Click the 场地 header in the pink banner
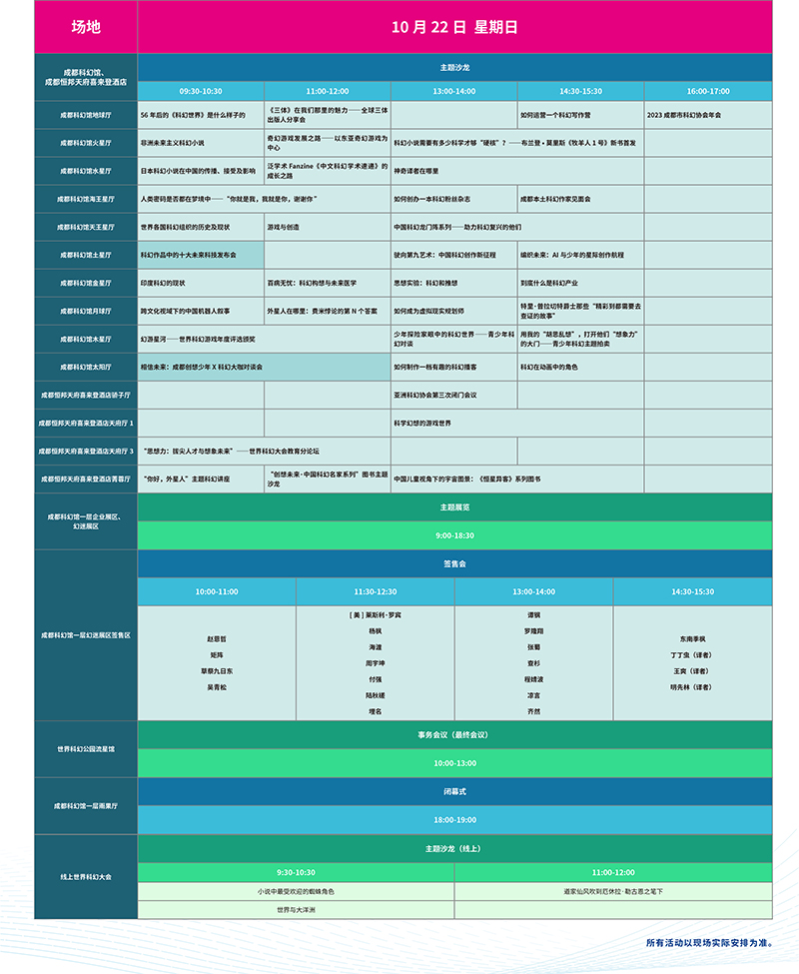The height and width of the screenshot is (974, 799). tap(86, 28)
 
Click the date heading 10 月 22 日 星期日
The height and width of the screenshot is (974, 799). tap(454, 28)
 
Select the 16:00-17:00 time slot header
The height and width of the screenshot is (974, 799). tap(708, 90)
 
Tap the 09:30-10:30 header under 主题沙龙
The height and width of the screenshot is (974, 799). tap(201, 90)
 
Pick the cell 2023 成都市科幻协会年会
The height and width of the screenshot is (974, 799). tap(684, 115)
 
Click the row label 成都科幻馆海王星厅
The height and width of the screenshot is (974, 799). tap(86, 199)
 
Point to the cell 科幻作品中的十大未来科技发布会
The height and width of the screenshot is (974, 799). tap(189, 255)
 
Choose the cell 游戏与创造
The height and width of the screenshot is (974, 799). tap(283, 227)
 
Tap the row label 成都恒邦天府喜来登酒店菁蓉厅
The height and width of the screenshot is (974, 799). tap(86, 480)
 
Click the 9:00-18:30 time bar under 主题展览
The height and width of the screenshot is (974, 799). tap(454, 535)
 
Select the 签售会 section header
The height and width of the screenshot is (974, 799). tap(454, 564)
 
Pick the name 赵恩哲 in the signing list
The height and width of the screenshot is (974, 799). tap(216, 637)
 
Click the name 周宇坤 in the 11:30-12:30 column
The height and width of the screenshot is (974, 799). tap(375, 662)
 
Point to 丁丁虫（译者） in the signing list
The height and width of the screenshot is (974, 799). tap(692, 654)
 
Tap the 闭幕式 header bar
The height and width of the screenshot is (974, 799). tap(454, 791)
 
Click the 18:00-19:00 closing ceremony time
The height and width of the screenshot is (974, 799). tap(454, 820)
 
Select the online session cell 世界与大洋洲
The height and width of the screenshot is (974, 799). tap(296, 910)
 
